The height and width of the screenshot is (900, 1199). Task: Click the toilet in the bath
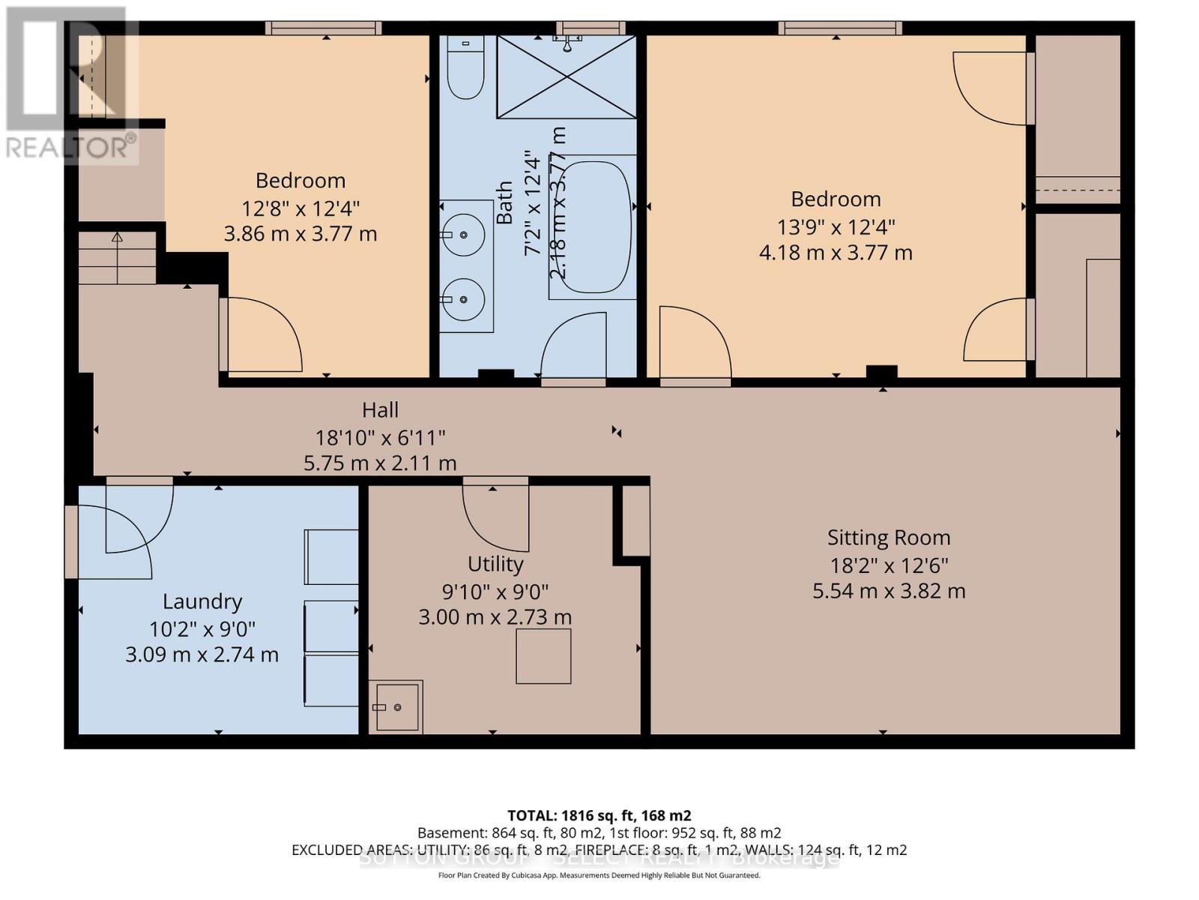pyautogui.click(x=465, y=69)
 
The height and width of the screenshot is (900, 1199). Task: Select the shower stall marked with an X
pyautogui.click(x=567, y=76)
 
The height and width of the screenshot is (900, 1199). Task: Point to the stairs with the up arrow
pyautogui.click(x=117, y=257)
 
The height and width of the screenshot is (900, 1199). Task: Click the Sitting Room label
pyautogui.click(x=889, y=538)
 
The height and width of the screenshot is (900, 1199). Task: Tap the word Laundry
pyautogui.click(x=202, y=601)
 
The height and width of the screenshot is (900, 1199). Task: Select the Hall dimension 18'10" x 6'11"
pyautogui.click(x=380, y=436)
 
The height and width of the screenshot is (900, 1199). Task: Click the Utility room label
pyautogui.click(x=495, y=564)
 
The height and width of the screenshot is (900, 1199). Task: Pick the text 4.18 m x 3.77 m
pyautogui.click(x=836, y=253)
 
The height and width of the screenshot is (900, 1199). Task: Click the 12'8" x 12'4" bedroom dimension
pyautogui.click(x=300, y=208)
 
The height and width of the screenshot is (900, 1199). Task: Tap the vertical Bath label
pyautogui.click(x=504, y=202)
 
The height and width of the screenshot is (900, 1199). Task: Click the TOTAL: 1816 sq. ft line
pyautogui.click(x=599, y=815)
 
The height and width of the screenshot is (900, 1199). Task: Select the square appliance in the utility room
pyautogui.click(x=543, y=656)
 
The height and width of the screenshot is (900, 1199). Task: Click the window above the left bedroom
pyautogui.click(x=323, y=28)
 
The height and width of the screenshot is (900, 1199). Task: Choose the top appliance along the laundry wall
pyautogui.click(x=331, y=557)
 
